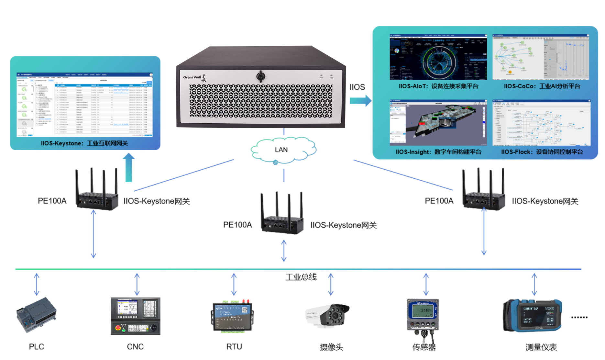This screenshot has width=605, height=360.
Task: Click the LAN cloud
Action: click(283, 150)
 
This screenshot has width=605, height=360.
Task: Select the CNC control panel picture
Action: click(135, 316)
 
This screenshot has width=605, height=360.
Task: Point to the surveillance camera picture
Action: click(328, 315)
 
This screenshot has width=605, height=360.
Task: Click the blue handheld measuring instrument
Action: click(533, 315)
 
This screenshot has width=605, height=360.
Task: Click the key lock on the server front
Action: click(260, 76)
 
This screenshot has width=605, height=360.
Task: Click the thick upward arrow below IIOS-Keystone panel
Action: click(128, 167)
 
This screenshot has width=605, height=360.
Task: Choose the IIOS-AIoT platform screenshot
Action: click(438, 57)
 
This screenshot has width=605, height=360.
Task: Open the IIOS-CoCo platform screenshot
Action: click(541, 57)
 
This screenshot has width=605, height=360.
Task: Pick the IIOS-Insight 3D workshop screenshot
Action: click(438, 123)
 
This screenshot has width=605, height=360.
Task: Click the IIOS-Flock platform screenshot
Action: click(541, 123)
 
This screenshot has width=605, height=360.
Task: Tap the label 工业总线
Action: click(301, 277)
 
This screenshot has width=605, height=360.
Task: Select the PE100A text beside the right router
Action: click(439, 201)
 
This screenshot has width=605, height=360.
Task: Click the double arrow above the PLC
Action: click(37, 284)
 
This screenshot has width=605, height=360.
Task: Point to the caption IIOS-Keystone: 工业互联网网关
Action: click(84, 143)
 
